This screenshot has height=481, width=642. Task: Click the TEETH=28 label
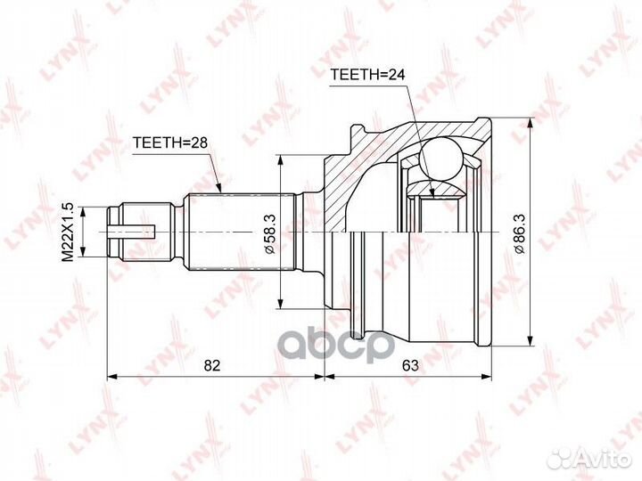click(x=170, y=143)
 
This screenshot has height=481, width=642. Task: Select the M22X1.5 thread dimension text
click(x=67, y=232)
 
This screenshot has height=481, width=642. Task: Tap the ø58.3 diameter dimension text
click(x=270, y=233)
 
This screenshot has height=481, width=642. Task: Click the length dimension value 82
click(x=212, y=365)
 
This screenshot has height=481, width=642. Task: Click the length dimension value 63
click(x=410, y=365)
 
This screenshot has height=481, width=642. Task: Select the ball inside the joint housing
click(x=440, y=159)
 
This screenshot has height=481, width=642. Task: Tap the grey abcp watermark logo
click(x=336, y=346)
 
